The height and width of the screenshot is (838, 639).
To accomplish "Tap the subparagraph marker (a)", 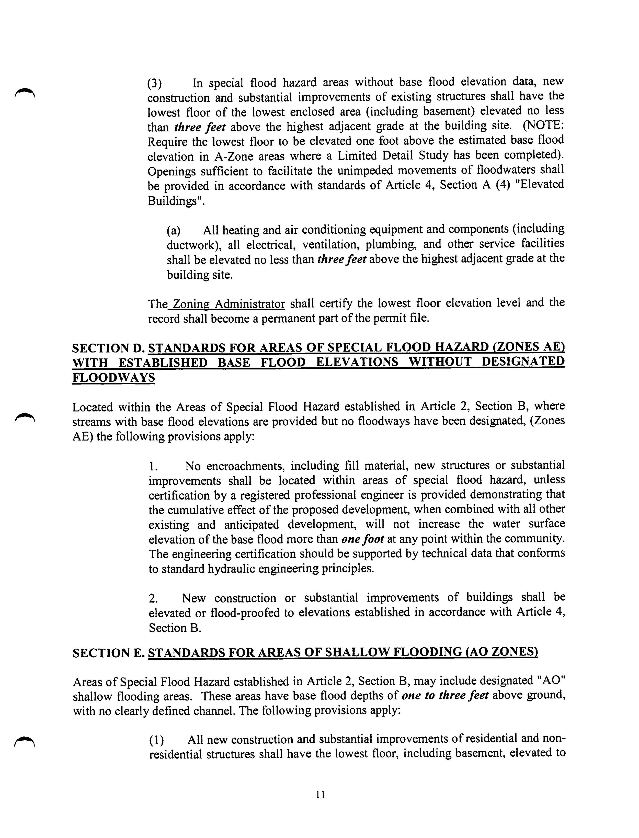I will [174, 231].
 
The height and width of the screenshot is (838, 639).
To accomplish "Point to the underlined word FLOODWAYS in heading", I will [113, 378].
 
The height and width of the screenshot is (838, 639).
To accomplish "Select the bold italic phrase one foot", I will [362, 539].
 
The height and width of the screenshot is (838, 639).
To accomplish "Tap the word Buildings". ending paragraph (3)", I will [176, 200].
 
